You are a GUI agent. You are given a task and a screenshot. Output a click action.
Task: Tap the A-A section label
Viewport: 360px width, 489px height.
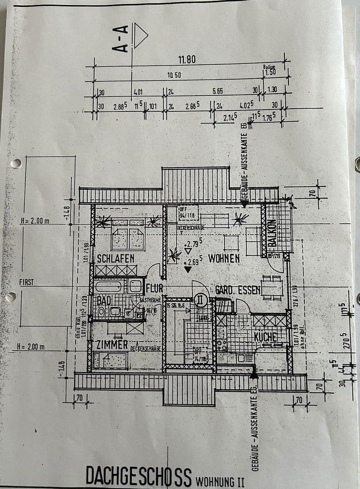click(123, 39)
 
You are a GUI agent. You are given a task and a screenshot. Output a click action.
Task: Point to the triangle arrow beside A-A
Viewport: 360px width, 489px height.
click(140, 37)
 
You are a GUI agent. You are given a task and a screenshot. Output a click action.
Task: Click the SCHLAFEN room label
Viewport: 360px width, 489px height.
click(115, 259)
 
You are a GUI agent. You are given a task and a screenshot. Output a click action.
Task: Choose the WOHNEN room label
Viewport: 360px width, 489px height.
click(224, 259)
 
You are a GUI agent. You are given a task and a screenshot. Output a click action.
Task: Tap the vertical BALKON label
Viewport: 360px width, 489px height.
click(272, 233)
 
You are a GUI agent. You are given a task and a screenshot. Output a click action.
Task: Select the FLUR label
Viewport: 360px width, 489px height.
click(154, 289)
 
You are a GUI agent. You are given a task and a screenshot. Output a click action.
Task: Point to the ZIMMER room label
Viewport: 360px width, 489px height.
click(112, 345)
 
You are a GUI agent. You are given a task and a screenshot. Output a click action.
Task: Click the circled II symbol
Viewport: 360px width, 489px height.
click(200, 299)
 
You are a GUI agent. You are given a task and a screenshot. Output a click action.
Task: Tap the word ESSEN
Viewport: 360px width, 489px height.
click(250, 290)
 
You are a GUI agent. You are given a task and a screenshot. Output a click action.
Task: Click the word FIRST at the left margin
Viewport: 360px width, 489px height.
click(26, 282)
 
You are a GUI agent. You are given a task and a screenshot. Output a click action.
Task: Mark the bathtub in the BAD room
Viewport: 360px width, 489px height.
click(110, 286)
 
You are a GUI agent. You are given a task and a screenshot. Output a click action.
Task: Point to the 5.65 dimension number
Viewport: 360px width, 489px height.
click(217, 91)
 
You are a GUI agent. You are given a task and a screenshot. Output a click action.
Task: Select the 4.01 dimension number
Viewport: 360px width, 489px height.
click(138, 92)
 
